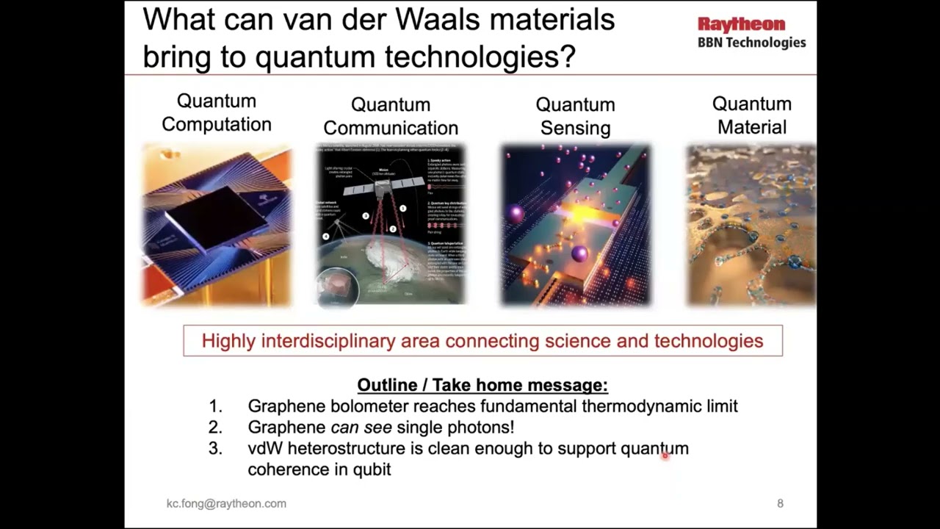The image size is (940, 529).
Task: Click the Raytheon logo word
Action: [x=741, y=25]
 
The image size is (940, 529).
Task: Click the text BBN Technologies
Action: [x=751, y=43]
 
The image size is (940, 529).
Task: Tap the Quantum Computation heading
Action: [x=217, y=112]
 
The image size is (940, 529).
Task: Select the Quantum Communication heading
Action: [x=391, y=116]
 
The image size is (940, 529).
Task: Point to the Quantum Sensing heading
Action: [x=575, y=116]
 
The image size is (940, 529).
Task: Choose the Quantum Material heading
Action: [x=751, y=115]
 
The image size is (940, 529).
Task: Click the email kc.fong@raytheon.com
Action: [x=226, y=503]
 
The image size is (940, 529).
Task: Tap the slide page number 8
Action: [x=780, y=503]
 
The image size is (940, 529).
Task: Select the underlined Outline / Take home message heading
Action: [x=482, y=385]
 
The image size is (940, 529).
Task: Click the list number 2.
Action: [x=214, y=427]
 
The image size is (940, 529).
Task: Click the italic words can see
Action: [x=361, y=427]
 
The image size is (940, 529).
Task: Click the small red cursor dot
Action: [x=665, y=456]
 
